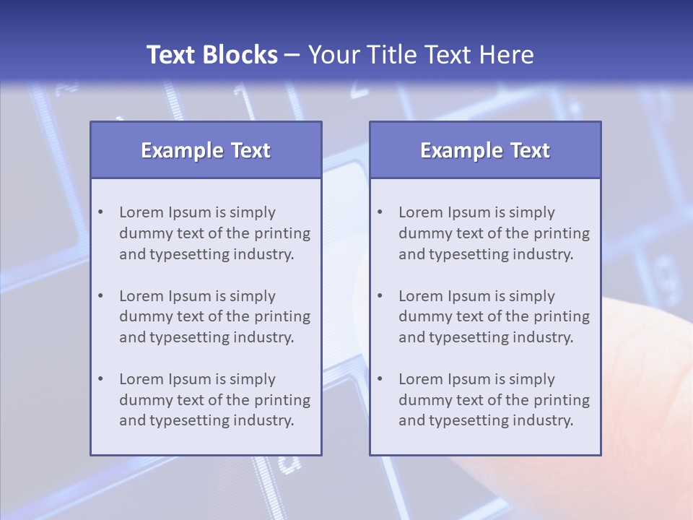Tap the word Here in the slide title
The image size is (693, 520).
pos(507,55)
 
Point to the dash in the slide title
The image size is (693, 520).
pos(292,56)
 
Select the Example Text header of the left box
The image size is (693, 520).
pos(206,150)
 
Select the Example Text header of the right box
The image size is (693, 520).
pos(485,150)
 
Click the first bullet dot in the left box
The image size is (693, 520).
pos(101,212)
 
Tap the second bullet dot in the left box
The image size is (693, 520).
pos(101,296)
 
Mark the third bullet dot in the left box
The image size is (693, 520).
pos(101,379)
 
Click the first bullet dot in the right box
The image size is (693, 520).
pos(380,212)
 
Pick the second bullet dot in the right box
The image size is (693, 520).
pos(380,296)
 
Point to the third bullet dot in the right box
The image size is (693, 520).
pos(380,379)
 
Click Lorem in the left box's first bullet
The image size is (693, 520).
pos(141,212)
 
